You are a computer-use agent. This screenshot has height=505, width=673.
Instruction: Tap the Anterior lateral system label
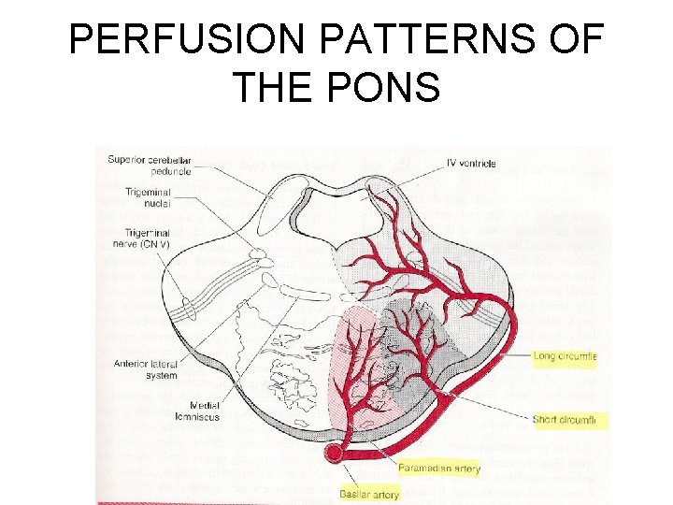[x=147, y=369]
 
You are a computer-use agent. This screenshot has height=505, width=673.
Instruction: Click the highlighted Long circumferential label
[x=564, y=356]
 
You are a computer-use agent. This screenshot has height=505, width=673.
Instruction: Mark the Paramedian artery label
[x=439, y=468]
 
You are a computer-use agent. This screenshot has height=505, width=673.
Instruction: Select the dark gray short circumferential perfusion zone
[x=425, y=327]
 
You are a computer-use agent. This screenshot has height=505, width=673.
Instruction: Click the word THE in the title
[x=273, y=88]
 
